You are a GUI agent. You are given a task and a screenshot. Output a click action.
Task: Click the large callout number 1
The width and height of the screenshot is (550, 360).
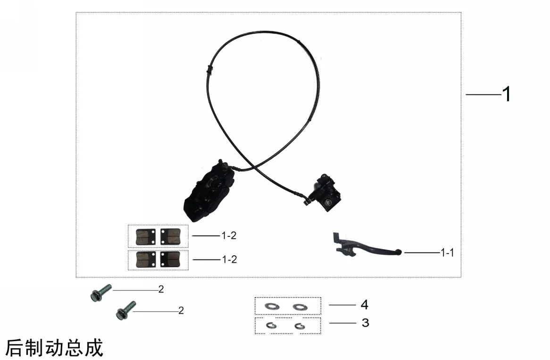(507, 94)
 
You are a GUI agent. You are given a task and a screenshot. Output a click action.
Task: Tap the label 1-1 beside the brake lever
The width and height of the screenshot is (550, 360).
(447, 252)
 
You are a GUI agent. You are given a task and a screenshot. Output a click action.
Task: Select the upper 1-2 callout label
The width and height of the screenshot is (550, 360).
(229, 235)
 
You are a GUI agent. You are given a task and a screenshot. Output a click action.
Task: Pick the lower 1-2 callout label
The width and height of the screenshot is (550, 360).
(229, 260)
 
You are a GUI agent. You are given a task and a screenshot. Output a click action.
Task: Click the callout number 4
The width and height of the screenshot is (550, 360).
(365, 305)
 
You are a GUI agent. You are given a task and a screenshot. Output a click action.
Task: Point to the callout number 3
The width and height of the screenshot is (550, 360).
(365, 323)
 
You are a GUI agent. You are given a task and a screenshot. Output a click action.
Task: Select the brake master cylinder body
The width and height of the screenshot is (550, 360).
(327, 193)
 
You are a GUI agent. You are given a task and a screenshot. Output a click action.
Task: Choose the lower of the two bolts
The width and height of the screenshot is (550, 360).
(125, 310)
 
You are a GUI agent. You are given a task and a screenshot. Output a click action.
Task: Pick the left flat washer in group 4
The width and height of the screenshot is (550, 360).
(272, 306)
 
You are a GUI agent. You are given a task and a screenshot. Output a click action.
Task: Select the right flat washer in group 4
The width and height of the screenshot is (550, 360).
(300, 307)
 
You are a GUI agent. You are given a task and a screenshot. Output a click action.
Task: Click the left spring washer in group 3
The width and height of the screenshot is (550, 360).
(271, 326)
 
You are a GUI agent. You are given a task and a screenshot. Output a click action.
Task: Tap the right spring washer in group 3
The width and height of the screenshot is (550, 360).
(300, 327)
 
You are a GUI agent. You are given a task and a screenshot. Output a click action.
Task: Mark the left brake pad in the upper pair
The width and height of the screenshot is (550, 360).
(146, 237)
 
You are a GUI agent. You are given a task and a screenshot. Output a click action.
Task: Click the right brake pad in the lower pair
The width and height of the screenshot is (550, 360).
(170, 260)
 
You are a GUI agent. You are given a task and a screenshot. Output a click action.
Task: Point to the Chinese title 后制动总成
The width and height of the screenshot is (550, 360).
(54, 348)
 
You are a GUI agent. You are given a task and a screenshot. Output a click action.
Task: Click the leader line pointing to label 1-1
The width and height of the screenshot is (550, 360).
(422, 252)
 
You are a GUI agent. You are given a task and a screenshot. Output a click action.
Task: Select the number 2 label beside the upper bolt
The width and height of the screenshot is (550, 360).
(161, 289)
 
